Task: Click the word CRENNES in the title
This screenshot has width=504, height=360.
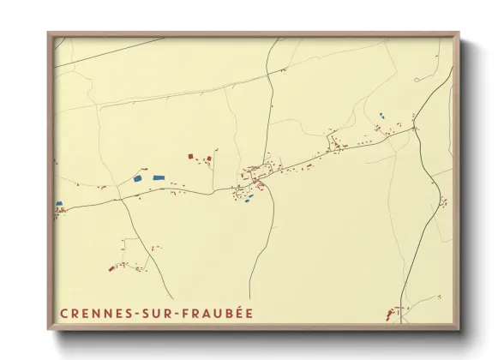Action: (91, 314)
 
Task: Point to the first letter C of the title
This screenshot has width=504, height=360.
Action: (63, 314)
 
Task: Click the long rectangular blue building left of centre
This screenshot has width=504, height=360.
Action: (159, 177)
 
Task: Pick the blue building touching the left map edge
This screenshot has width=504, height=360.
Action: (59, 204)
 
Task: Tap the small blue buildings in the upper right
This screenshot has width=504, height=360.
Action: (381, 115)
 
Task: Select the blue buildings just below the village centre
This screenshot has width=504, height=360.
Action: (249, 198)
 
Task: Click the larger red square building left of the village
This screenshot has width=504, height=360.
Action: (191, 156)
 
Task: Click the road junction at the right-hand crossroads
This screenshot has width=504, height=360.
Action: (414, 129)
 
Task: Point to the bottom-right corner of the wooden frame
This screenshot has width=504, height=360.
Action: (458, 329)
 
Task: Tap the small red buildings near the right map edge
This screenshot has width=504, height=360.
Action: (443, 202)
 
